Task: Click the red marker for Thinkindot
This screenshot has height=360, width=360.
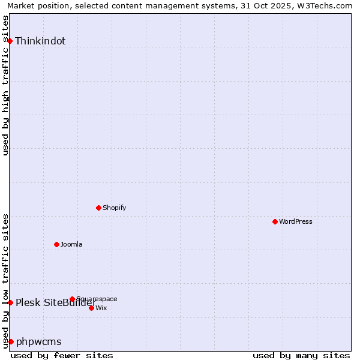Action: pyautogui.click(x=10, y=41)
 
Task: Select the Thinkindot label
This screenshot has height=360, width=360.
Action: pyautogui.click(x=40, y=41)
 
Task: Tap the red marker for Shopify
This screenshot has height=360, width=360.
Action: pyautogui.click(x=99, y=208)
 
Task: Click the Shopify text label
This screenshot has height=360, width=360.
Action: pyautogui.click(x=114, y=208)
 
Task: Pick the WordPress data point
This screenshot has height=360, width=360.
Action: pyautogui.click(x=275, y=221)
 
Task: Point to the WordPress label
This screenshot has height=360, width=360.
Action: pyautogui.click(x=295, y=222)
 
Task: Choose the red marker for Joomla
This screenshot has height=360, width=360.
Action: pyautogui.click(x=57, y=244)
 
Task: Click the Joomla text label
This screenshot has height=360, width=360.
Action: pyautogui.click(x=71, y=245)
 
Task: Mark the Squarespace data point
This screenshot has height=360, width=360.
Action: pyautogui.click(x=73, y=299)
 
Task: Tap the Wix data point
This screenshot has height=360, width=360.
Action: pyautogui.click(x=91, y=308)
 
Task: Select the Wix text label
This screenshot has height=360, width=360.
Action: pyautogui.click(x=101, y=308)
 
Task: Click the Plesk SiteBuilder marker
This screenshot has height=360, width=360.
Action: pyautogui.click(x=10, y=302)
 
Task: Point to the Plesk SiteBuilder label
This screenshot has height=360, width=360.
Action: pyautogui.click(x=56, y=302)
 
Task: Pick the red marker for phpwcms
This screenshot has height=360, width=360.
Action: pyautogui.click(x=11, y=341)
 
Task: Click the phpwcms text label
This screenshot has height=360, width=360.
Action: pyautogui.click(x=38, y=342)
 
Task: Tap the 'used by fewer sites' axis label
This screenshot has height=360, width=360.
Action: pyautogui.click(x=62, y=355)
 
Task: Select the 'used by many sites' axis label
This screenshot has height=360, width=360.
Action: pyautogui.click(x=301, y=355)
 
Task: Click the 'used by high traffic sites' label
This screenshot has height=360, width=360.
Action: pyautogui.click(x=6, y=85)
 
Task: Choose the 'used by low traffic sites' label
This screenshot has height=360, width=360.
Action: pyautogui.click(x=6, y=281)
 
